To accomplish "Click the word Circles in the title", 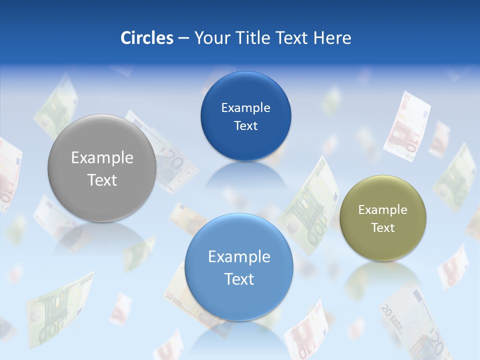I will pos(147,38).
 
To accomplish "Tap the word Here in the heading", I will pos(332,38).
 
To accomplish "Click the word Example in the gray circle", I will pos(102,158).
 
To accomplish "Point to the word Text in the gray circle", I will pos(102,180).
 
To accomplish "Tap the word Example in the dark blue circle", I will pos(245,108).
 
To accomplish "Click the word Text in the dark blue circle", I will pos(245,125).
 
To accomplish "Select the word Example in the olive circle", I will pos(383,210).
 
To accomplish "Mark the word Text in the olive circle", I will pos(383,227).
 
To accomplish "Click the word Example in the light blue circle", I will pos(239,257).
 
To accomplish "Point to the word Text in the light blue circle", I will pos(239,279).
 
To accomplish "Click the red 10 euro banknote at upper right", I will pos(407,126).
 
